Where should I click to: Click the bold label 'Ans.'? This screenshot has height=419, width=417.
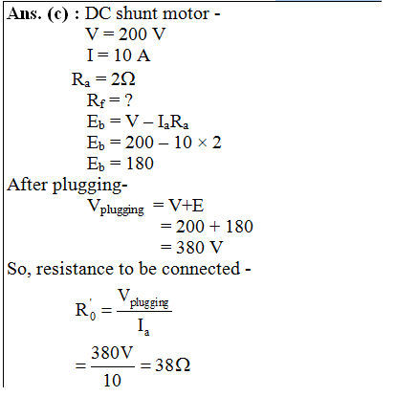[24, 14]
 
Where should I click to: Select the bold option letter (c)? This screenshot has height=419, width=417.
[57, 14]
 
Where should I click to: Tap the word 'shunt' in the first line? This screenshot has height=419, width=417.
[136, 13]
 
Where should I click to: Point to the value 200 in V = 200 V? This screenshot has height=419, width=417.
[133, 34]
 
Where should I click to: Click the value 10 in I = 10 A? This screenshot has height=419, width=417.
[122, 55]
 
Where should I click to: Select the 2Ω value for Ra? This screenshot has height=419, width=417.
[123, 78]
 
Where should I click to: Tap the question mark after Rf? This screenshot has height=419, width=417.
[128, 100]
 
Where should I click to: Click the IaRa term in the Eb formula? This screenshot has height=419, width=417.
[173, 122]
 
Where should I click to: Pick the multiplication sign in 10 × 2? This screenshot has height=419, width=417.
[202, 143]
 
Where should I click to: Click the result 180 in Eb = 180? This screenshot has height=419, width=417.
[140, 164]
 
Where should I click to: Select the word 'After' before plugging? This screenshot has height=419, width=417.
[27, 185]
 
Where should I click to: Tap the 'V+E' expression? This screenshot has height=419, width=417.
[186, 206]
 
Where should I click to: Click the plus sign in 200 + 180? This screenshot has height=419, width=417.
[214, 227]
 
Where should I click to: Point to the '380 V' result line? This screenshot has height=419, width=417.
[200, 248]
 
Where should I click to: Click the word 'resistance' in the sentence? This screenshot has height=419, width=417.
[76, 269]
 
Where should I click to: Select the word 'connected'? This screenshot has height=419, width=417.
[201, 269]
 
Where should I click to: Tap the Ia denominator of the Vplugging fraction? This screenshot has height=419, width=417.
[143, 327]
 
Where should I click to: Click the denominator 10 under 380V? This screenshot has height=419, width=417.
[112, 380]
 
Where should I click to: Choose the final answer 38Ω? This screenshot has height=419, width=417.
[172, 364]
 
